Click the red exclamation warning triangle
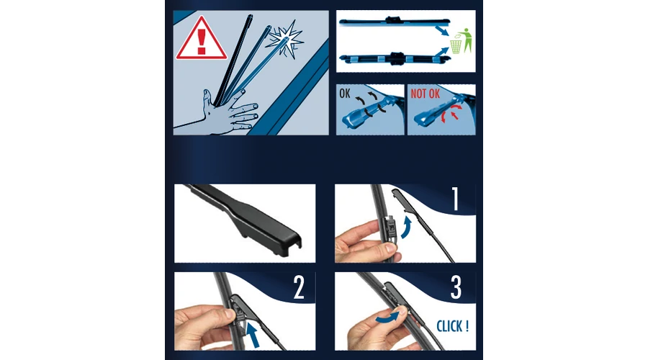point(202,40)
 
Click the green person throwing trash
point(467,40)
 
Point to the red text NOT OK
point(425,94)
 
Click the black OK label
point(345,94)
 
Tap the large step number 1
point(455,199)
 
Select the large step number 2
point(299,287)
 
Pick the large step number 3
point(456,287)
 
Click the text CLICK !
point(453,327)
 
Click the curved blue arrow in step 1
point(407,228)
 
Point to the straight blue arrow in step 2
point(252,334)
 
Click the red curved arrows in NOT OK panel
point(450,113)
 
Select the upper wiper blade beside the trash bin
point(394,21)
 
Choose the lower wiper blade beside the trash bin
point(395,58)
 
